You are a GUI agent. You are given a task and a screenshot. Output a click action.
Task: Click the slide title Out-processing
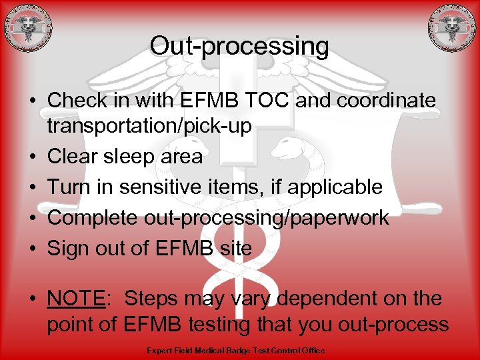239,46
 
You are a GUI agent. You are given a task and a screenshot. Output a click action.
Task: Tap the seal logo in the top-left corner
27,28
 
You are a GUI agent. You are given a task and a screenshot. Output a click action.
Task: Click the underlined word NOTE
76,298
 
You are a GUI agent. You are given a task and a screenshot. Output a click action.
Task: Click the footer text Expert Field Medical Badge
203,351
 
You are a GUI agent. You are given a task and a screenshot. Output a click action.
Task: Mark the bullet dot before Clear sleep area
32,157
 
